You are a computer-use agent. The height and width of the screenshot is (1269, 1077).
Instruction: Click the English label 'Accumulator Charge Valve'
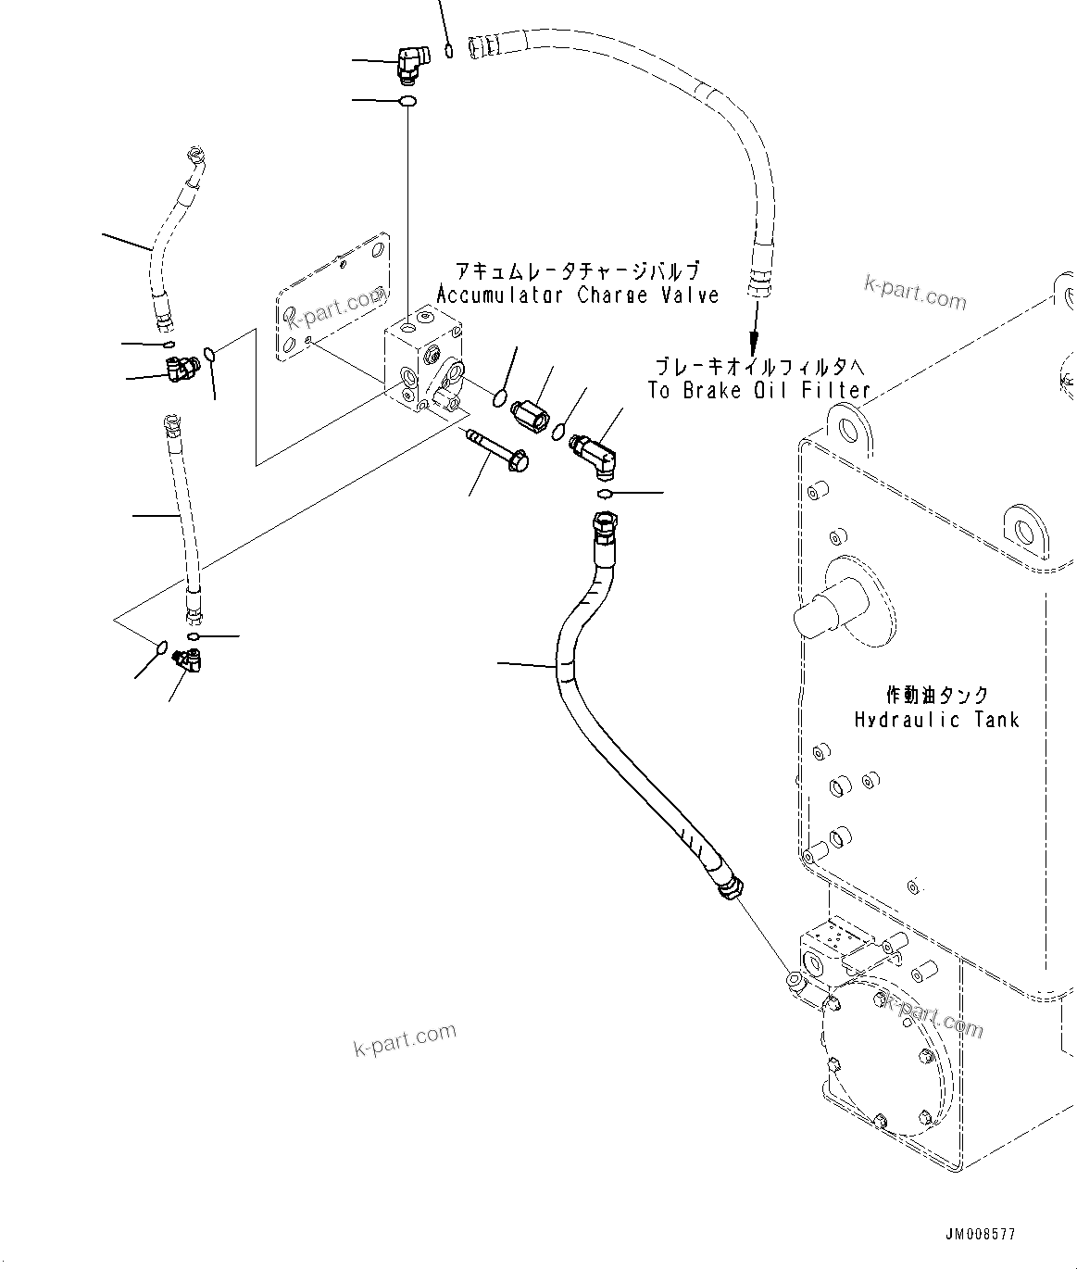tap(578, 295)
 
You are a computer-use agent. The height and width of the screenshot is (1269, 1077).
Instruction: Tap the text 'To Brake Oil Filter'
tap(759, 390)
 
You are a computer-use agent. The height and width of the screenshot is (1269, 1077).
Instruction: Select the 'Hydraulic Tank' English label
tap(936, 719)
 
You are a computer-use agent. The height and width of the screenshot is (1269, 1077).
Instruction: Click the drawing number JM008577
tap(980, 1235)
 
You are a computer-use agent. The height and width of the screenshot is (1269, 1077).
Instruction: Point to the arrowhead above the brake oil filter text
tap(756, 340)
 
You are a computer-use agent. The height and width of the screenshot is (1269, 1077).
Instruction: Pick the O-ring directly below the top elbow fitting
tap(407, 100)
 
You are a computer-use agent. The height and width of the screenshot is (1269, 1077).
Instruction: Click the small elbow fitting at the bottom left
tap(190, 660)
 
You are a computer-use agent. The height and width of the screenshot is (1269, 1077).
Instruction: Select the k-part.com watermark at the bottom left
tap(405, 1038)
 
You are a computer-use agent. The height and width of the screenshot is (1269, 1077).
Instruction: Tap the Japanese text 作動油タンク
tap(936, 694)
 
